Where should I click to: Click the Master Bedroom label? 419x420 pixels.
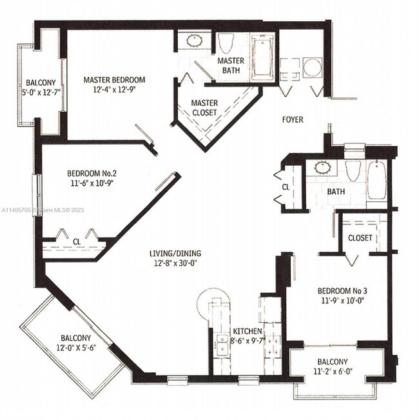(x=114, y=80)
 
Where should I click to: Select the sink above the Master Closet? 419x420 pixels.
(x=194, y=41)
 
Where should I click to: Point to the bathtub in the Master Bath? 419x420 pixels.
(x=262, y=57)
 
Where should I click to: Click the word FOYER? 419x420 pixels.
(x=293, y=119)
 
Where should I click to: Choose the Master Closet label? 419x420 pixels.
(x=204, y=108)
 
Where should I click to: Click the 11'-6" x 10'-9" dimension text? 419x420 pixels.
(x=92, y=183)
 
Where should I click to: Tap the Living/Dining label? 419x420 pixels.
(x=175, y=254)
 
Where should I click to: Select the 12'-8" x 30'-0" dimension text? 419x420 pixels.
(x=175, y=263)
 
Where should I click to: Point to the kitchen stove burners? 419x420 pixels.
(x=273, y=346)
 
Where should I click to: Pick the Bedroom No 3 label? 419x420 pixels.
(x=342, y=290)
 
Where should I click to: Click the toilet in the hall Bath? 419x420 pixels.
(x=353, y=171)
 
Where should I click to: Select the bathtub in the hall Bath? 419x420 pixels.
(x=376, y=180)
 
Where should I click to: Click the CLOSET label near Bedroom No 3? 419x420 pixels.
(x=360, y=238)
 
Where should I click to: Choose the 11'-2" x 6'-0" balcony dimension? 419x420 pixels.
(x=333, y=372)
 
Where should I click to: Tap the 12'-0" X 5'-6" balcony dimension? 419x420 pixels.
(x=76, y=348)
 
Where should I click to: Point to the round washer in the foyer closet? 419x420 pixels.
(x=312, y=68)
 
